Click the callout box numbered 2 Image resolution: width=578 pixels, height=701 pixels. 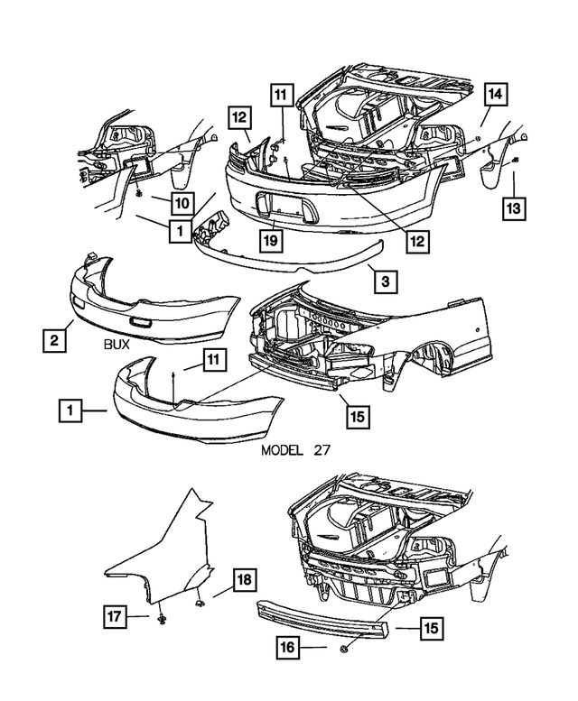[55, 339]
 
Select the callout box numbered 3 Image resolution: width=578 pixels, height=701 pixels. [384, 281]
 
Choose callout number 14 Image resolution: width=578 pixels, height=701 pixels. [495, 93]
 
